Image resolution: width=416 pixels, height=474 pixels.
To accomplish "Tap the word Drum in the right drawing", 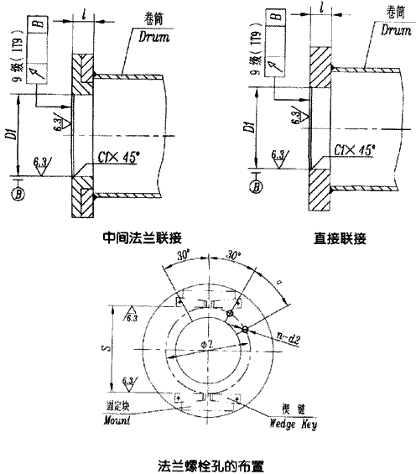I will pos(390,30).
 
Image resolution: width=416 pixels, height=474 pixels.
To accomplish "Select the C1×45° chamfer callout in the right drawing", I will pos(355,148).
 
